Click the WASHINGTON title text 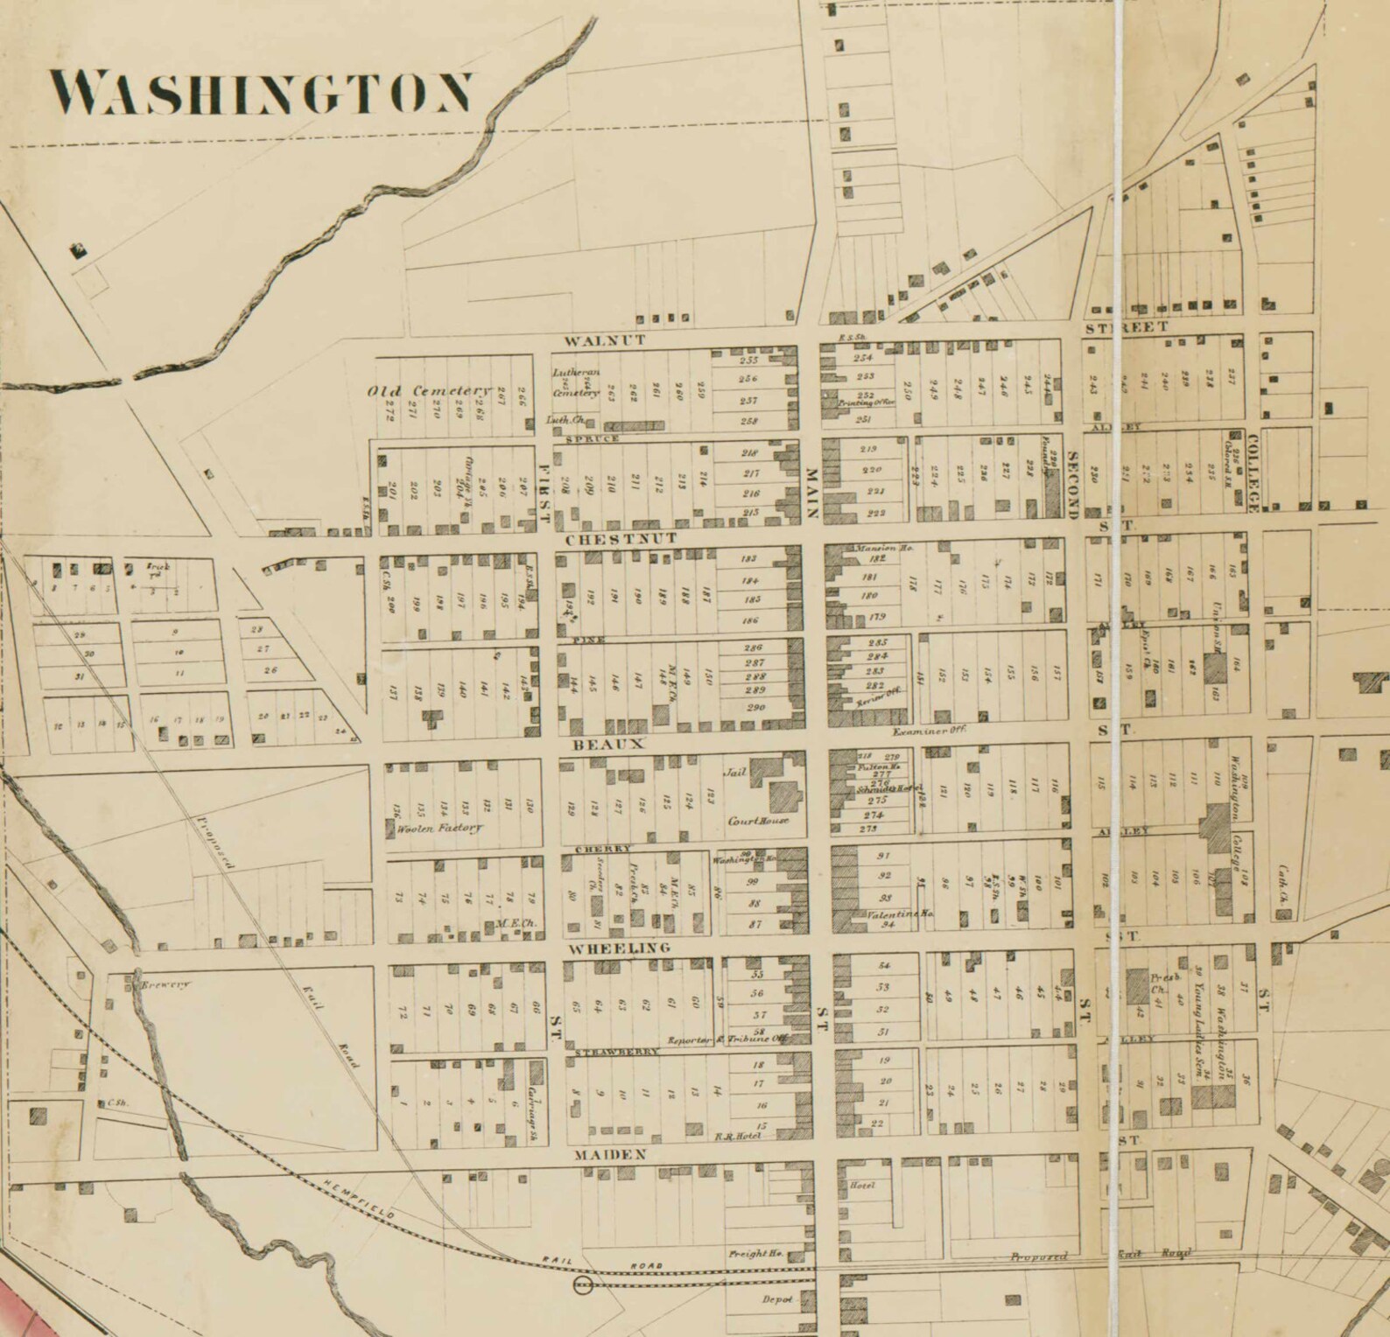[x=261, y=93]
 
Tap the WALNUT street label [x=604, y=340]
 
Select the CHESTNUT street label [x=621, y=539]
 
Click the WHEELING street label [x=620, y=948]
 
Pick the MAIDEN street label [x=611, y=1155]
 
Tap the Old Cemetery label [x=429, y=390]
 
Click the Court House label [x=758, y=821]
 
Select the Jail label [x=734, y=773]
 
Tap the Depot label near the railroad [x=776, y=1299]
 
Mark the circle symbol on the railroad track [x=582, y=1284]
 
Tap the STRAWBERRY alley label [x=616, y=1053]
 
